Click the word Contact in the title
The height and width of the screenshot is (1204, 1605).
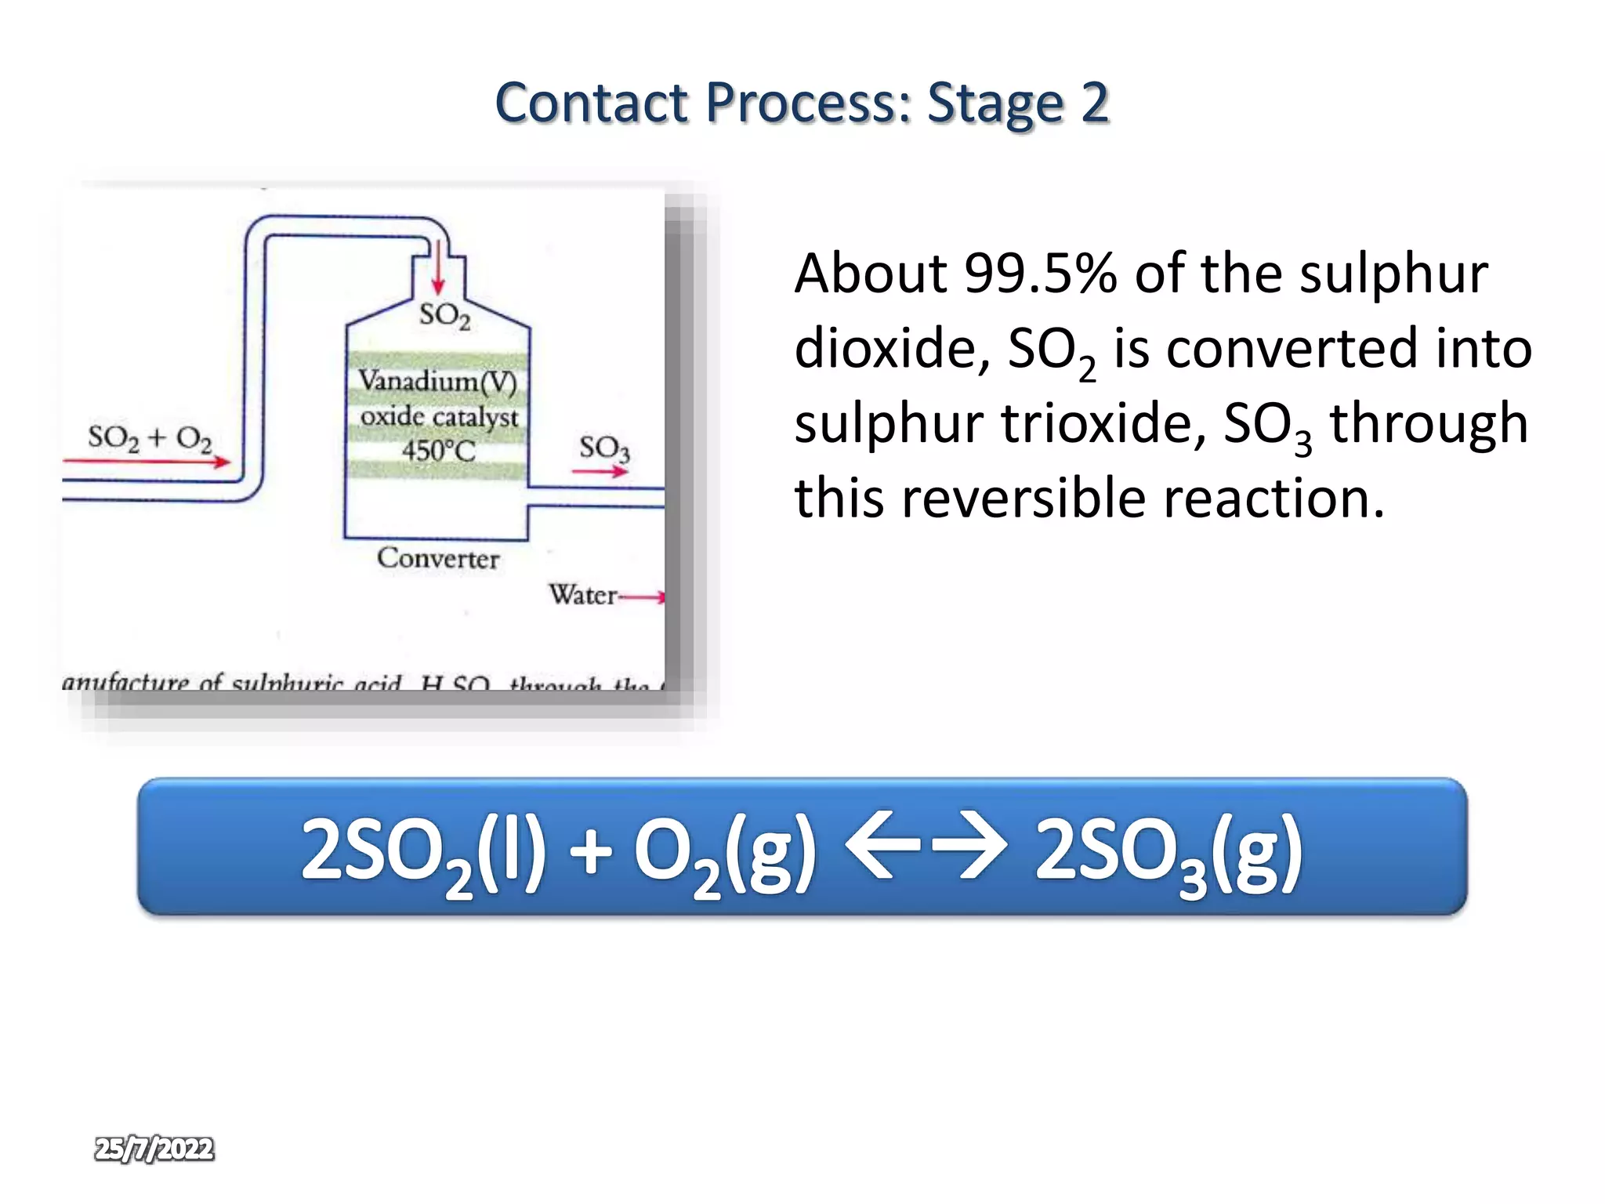592,103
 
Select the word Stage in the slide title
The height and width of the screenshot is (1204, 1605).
995,103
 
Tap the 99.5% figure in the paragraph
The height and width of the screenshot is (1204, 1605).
1040,274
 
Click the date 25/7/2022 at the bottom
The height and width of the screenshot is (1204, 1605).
154,1149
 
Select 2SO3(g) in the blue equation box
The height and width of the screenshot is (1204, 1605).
1168,853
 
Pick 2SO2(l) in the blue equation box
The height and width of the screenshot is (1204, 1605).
423,853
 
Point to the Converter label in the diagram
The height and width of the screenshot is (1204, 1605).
437,559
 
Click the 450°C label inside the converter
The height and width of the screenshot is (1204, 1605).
438,451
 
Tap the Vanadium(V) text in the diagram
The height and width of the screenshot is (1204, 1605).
437,382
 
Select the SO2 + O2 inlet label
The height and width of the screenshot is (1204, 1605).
150,437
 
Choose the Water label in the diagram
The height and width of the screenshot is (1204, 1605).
582,595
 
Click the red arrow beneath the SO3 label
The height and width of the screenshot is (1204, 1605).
600,471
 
